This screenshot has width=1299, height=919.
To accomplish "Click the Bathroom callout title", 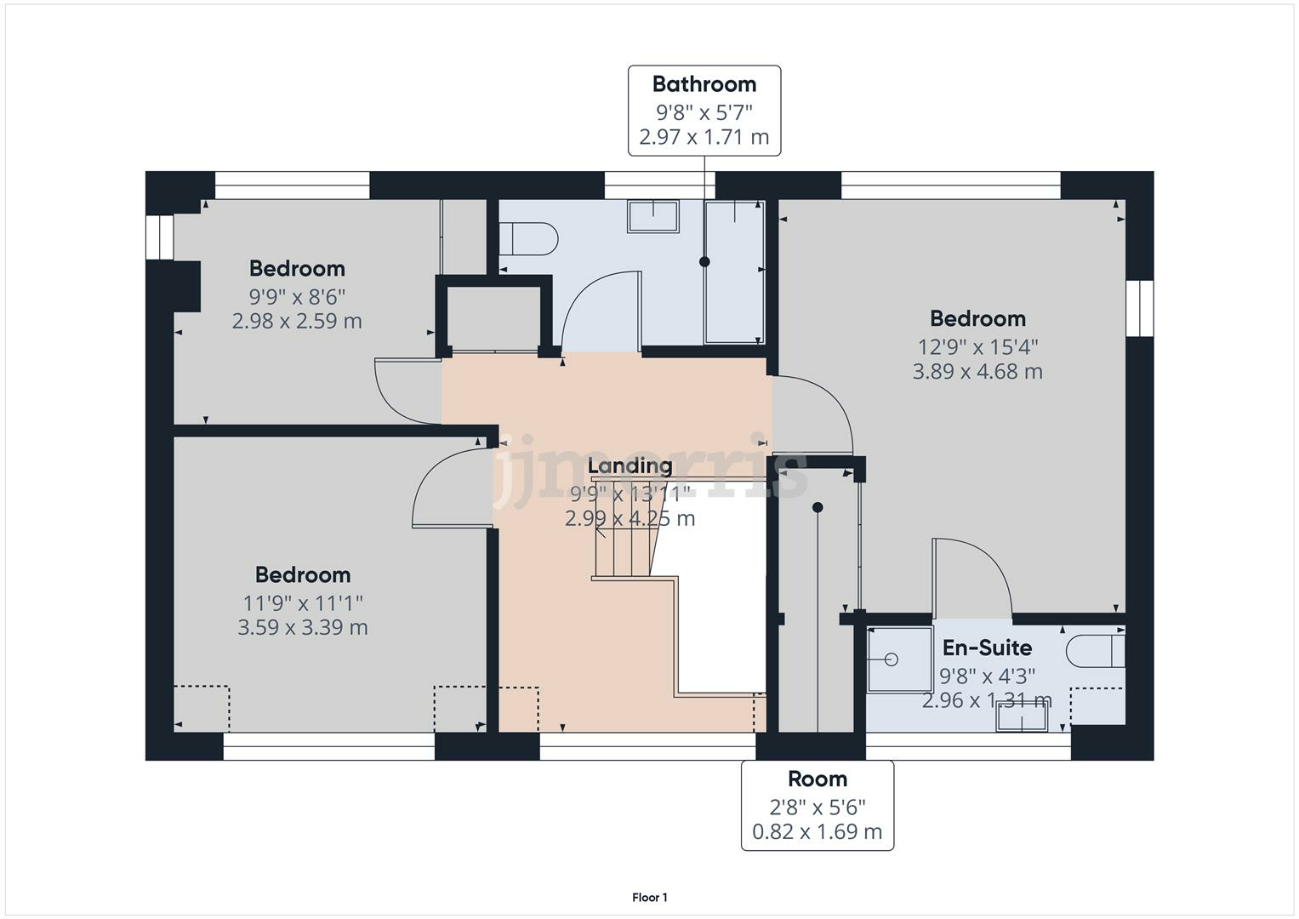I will [x=704, y=84].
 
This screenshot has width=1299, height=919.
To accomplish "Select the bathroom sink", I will [x=652, y=216].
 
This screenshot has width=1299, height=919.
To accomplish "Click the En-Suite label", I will [x=987, y=648].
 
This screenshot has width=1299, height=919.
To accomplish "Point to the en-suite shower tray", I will [x=899, y=659].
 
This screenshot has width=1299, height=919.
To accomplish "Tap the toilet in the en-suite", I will [x=1095, y=652].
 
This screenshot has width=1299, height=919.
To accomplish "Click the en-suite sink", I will [x=1022, y=721].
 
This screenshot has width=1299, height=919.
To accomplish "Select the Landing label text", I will [x=630, y=465].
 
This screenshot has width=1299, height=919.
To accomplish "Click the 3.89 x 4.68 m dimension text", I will [x=977, y=372].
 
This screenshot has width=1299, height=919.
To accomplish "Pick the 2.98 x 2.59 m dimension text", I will [x=297, y=322].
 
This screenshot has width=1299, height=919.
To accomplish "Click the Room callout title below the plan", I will [x=817, y=779].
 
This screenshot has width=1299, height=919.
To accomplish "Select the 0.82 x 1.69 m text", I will [x=817, y=831].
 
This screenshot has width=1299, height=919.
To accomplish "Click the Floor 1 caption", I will [x=650, y=898].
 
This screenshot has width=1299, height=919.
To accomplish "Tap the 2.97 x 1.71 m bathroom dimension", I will [x=704, y=137].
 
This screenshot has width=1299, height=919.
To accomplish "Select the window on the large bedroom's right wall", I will [x=1139, y=307].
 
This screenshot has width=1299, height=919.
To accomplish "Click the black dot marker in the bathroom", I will [x=704, y=262].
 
